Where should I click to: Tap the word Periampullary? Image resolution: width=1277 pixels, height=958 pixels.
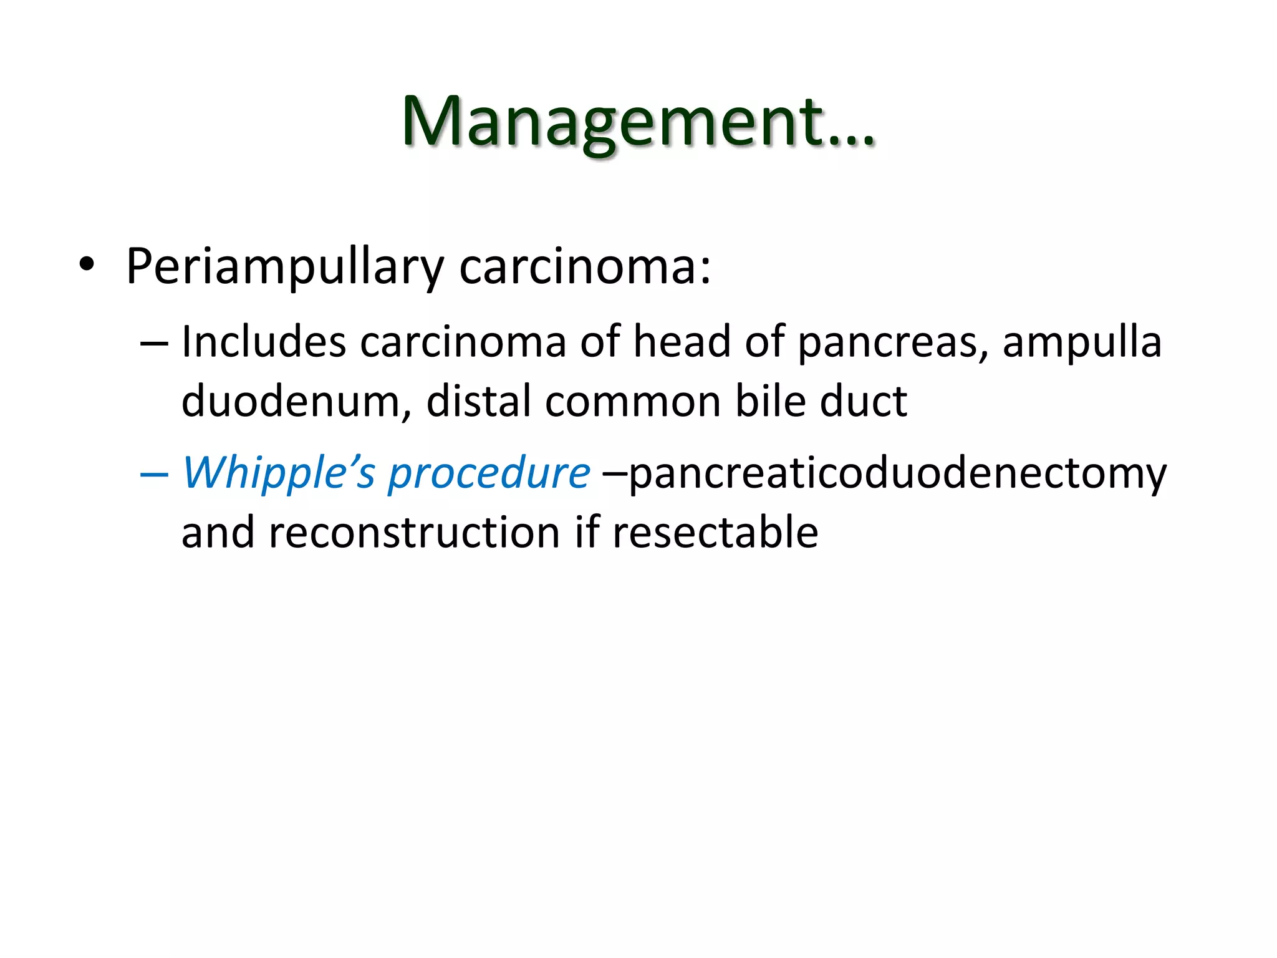tap(284, 267)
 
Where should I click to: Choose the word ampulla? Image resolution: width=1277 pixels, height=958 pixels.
tap(1082, 343)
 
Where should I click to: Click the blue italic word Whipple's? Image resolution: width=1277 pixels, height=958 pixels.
tap(279, 473)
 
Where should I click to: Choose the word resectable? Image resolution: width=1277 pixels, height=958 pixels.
tap(715, 533)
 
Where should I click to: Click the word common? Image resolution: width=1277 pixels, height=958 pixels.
tap(633, 402)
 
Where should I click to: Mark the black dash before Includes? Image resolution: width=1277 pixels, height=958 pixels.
tap(154, 343)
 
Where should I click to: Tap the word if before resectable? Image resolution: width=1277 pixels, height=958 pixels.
tap(585, 533)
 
